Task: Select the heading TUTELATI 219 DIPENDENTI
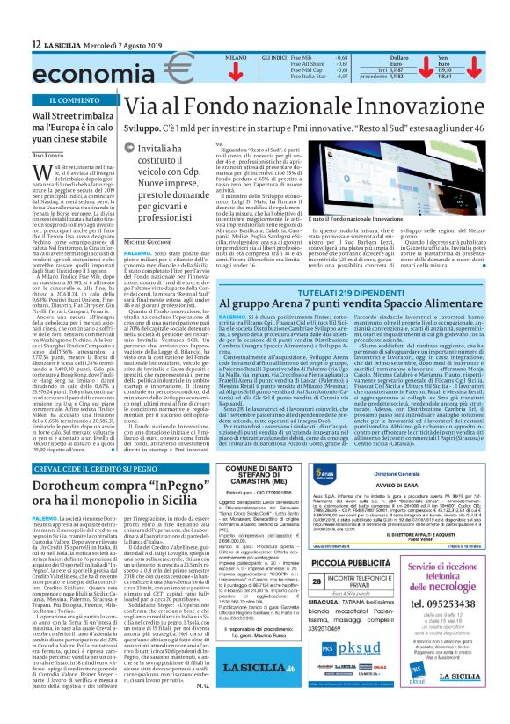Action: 360,317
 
